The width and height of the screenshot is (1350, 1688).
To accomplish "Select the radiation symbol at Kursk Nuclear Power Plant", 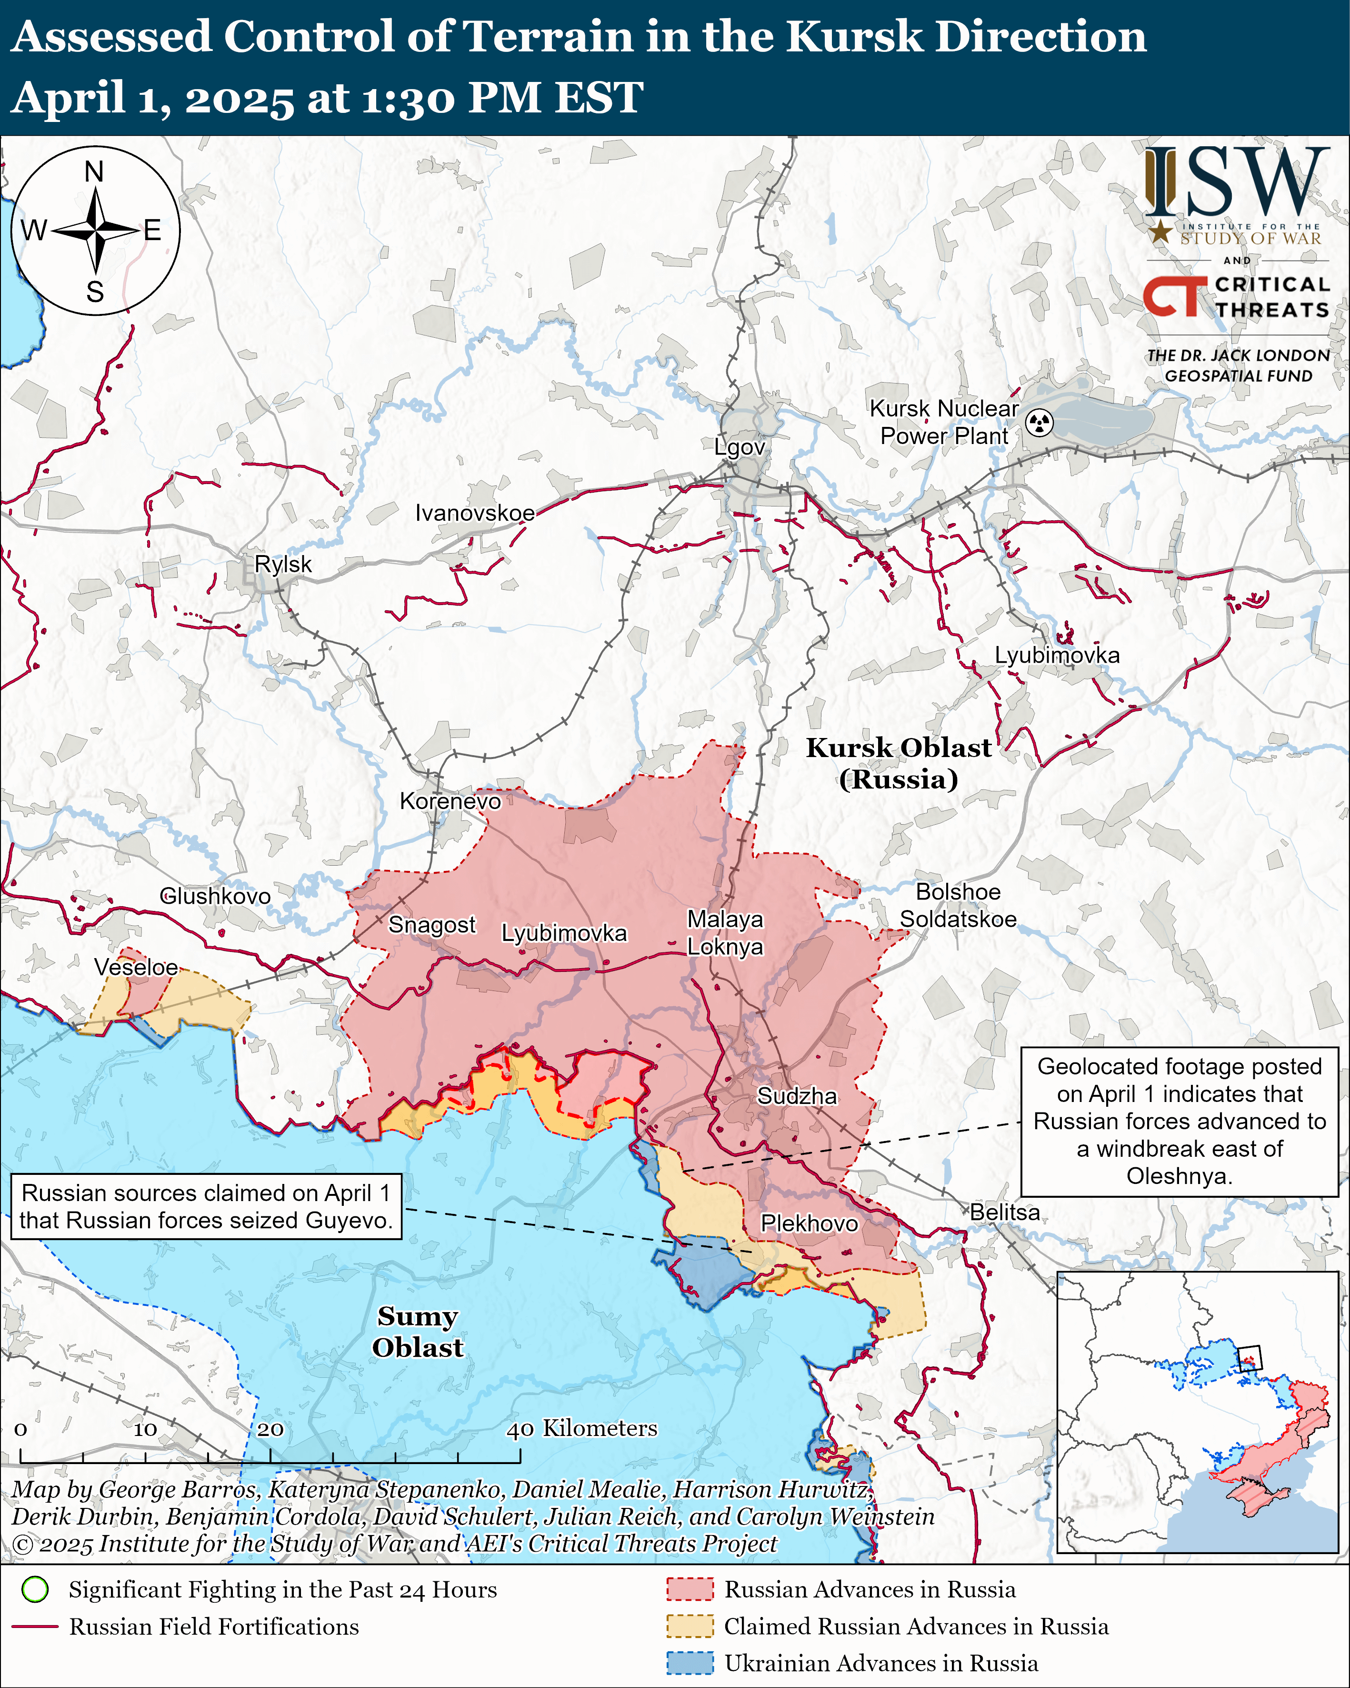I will (x=1040, y=423).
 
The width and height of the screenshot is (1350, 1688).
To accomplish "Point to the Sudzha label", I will (x=797, y=1096).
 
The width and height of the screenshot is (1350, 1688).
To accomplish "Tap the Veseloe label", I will (x=136, y=967).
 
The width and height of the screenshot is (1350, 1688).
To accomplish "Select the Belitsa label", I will (x=1005, y=1212).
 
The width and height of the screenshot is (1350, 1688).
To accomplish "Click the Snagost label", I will (x=432, y=925).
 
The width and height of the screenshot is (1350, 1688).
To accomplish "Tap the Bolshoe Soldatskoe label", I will (x=958, y=905).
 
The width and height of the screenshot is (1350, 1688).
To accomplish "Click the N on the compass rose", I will (x=94, y=172).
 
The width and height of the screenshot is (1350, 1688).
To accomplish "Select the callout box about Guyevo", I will (x=206, y=1206).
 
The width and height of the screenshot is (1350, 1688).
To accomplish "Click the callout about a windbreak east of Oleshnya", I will (x=1180, y=1121).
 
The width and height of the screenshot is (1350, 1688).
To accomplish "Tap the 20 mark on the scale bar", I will (x=270, y=1429).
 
